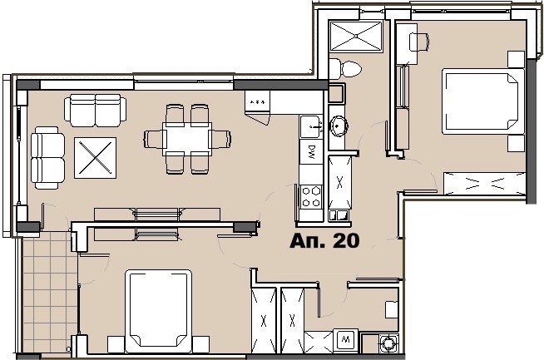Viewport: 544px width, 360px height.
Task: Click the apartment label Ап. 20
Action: click(324, 241)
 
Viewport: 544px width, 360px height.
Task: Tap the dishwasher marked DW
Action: click(311, 152)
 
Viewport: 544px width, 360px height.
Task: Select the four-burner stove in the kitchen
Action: click(311, 197)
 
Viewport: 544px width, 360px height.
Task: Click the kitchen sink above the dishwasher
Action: click(311, 127)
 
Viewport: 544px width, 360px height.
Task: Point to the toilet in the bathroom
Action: click(345, 69)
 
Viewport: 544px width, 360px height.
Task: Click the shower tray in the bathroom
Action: click(356, 36)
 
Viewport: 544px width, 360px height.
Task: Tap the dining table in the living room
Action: click(187, 139)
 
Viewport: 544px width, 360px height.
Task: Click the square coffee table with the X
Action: click(95, 158)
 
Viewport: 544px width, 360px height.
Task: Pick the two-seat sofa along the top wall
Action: click(95, 111)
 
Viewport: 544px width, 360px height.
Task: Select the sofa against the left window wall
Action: click(47, 158)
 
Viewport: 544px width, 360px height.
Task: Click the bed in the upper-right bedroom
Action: click(483, 101)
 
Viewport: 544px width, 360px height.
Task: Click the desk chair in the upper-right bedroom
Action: click(419, 42)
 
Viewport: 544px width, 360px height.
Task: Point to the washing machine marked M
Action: click(345, 339)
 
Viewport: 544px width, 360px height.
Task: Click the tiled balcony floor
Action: click(49, 292)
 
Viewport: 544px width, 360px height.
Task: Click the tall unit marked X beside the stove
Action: click(339, 182)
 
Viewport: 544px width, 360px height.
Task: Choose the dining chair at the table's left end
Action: click(153, 139)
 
